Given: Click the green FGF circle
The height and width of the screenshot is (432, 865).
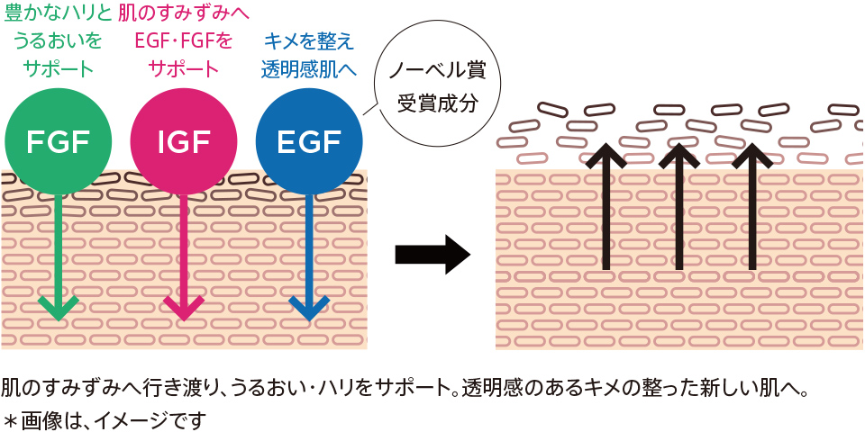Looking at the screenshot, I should point(58,141).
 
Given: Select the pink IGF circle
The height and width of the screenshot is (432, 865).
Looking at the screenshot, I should point(184,141).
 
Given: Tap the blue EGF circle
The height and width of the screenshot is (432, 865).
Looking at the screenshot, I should point(309,141).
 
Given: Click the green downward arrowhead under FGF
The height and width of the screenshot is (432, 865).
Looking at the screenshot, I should point(59,306).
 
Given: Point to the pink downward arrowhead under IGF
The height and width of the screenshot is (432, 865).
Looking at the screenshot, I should point(184,306).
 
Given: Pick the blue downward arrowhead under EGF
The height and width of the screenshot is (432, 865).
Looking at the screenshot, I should point(309,306).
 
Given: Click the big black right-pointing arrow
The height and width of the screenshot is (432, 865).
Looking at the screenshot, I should point(432,255).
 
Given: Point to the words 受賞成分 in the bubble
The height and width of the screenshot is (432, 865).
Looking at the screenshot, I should point(436,101).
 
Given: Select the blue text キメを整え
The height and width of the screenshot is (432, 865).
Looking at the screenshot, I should point(309,40).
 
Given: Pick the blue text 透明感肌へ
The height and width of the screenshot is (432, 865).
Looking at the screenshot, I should point(309,68).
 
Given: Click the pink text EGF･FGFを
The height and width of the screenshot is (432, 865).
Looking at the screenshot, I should point(184,40).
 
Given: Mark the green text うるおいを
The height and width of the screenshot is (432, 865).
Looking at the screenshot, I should point(58,40).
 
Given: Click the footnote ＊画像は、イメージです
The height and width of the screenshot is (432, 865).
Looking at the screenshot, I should point(104,419).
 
